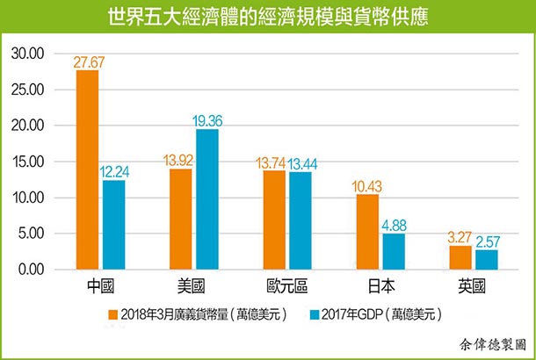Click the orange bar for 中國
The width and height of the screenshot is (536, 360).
point(88,170)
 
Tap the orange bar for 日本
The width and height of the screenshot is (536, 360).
point(367,232)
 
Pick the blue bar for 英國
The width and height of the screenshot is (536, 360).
point(486,260)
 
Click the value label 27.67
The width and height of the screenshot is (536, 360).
point(88,61)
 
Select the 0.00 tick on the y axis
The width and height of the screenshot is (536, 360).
point(31,270)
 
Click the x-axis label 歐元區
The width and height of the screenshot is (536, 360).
point(286,286)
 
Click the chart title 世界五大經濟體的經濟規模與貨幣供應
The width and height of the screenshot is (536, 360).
point(268,17)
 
